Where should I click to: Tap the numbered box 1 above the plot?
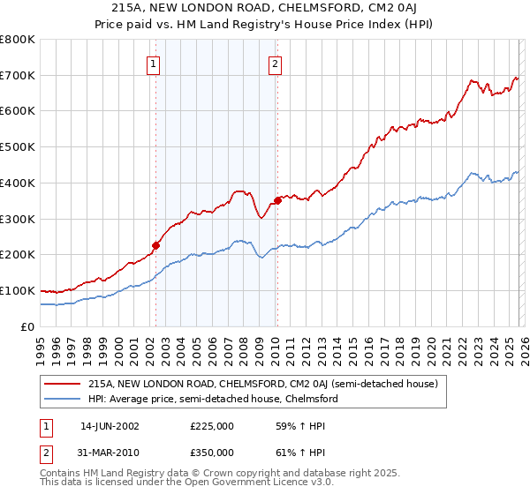154,64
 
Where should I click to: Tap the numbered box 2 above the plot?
276,64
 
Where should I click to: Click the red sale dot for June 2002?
156,245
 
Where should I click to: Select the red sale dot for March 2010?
277,200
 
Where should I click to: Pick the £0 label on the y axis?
28,326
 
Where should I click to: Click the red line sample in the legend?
62,384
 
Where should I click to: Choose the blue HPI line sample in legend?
62,399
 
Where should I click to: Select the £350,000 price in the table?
212,452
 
